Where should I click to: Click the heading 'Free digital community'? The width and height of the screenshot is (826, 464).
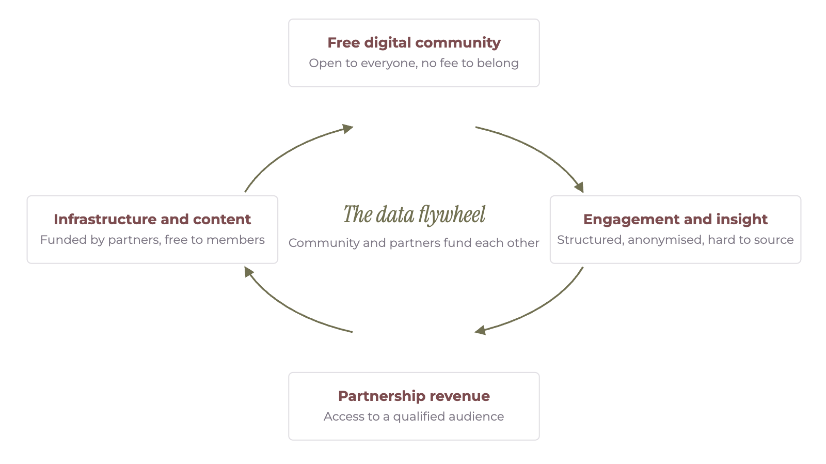click(414, 43)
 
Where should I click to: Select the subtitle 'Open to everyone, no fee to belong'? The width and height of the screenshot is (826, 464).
click(414, 63)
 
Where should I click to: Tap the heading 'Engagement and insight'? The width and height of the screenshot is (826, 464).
click(675, 220)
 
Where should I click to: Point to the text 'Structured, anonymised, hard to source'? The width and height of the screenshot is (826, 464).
click(675, 240)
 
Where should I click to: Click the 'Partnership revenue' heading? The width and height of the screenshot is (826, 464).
click(414, 396)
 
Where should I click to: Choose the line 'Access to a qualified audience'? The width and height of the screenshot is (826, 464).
click(414, 416)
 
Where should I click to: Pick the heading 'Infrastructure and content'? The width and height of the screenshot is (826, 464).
click(152, 219)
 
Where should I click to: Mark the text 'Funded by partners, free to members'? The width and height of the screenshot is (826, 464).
click(152, 240)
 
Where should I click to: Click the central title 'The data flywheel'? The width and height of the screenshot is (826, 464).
click(414, 215)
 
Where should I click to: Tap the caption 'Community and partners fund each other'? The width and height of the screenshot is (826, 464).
click(414, 243)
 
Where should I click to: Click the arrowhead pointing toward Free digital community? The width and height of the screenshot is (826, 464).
click(348, 129)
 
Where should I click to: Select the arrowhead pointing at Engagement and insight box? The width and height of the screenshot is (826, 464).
click(579, 188)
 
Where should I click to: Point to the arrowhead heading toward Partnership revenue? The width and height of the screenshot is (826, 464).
click(480, 330)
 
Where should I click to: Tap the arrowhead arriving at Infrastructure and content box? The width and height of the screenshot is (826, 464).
click(249, 272)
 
